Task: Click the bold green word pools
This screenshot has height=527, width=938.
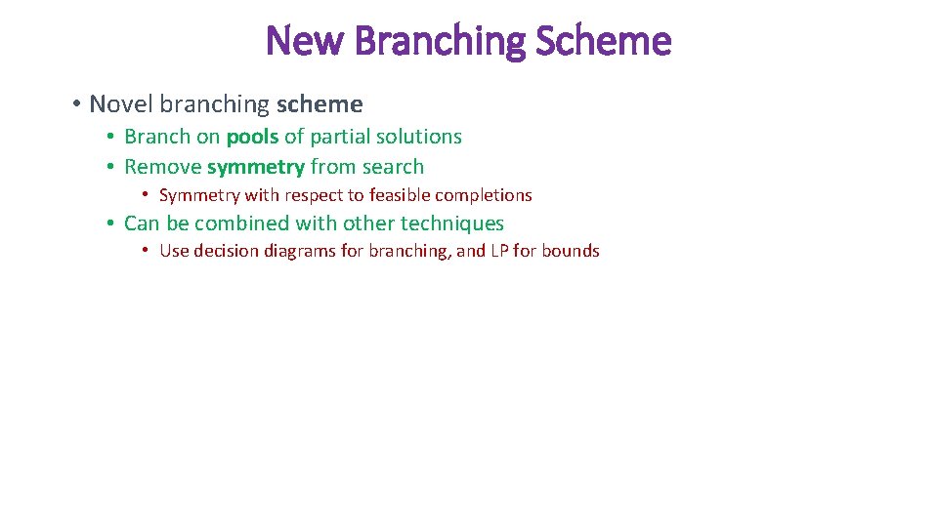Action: coord(252,137)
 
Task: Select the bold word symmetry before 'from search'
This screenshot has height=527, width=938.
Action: coord(256,167)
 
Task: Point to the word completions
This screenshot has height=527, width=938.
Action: coord(484,195)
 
